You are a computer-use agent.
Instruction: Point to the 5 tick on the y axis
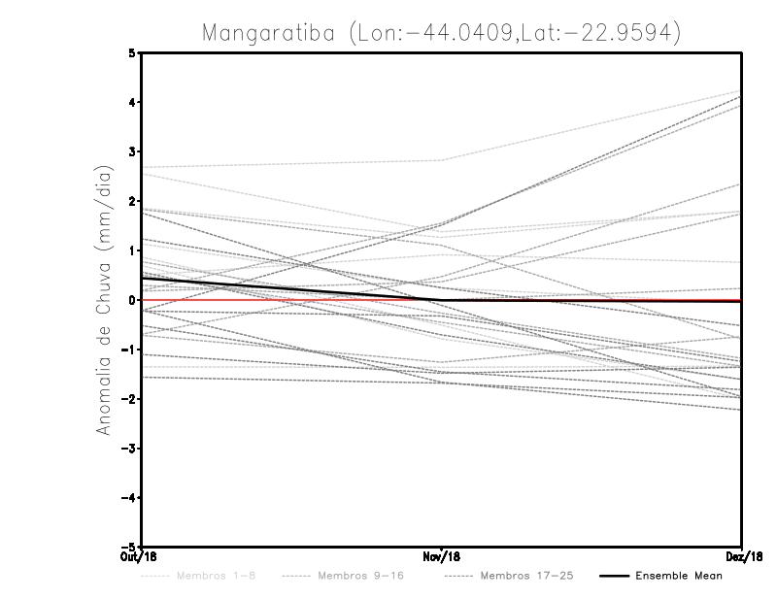[133, 53]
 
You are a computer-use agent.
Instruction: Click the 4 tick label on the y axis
[133, 103]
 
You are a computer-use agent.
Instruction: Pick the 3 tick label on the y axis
[133, 152]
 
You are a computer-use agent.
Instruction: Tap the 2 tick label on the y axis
[133, 202]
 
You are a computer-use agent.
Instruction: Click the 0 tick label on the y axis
[133, 300]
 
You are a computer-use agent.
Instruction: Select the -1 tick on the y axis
[130, 350]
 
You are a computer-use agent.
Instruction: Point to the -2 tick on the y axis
[130, 399]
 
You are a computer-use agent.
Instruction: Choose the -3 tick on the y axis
[130, 449]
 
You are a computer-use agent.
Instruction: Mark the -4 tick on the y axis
[130, 498]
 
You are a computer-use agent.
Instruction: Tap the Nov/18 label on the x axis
[442, 557]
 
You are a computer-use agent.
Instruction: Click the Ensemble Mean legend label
[678, 577]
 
